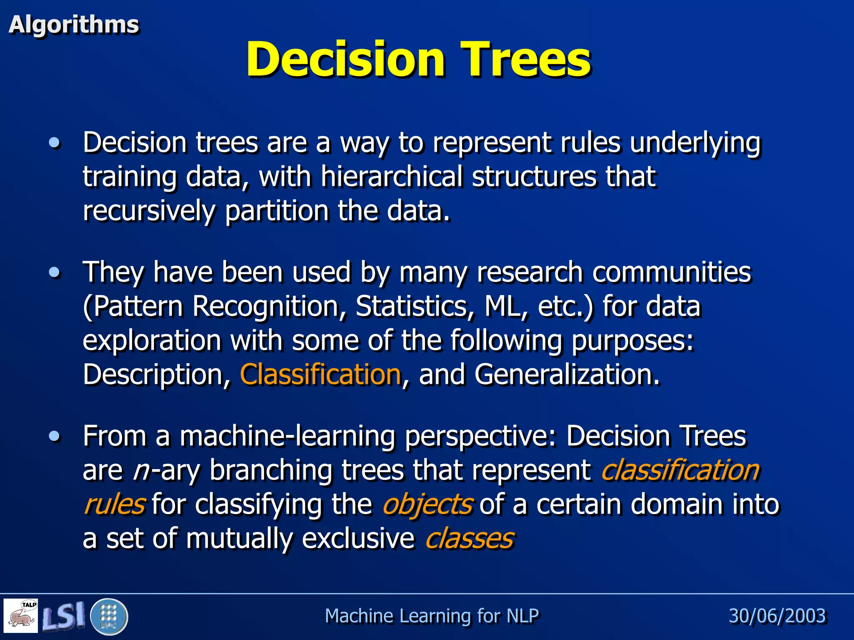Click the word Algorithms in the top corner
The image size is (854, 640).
[74, 25]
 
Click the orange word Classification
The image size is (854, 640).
[320, 374]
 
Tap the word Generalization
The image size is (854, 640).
[567, 374]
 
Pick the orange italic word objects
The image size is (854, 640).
[428, 504]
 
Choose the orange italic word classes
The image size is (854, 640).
[470, 538]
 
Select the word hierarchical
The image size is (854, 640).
[391, 177]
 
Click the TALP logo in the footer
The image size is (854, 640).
[21, 616]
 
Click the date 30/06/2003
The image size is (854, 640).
[777, 616]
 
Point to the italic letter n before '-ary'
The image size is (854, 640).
[141, 471]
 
